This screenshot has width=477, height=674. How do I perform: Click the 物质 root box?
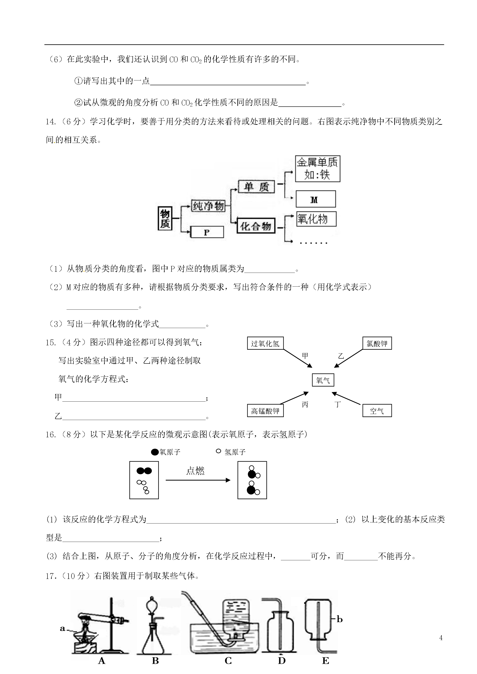(x=165, y=218)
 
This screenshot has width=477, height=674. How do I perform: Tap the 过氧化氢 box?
(x=265, y=344)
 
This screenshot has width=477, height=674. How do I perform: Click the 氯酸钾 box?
(x=377, y=344)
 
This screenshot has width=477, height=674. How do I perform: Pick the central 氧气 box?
(x=323, y=380)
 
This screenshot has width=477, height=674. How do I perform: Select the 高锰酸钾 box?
(x=265, y=411)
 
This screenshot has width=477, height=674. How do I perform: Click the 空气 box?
(x=377, y=411)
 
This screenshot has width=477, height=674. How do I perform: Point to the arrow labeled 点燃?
(x=198, y=480)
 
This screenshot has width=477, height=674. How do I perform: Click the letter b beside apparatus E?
(x=339, y=619)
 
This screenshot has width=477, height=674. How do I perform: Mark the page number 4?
(x=441, y=638)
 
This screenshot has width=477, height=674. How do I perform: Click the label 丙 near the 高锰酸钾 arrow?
(x=305, y=405)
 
